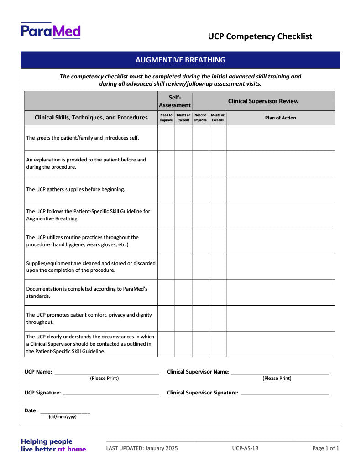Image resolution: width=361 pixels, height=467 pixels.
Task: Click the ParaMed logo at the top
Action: [51, 31]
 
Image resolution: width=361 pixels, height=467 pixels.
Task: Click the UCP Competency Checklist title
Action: [260, 36]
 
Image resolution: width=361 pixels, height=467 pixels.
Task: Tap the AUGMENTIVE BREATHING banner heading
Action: [180, 60]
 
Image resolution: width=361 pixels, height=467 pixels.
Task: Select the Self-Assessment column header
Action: [175, 101]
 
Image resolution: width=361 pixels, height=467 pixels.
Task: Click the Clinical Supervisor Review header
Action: [263, 101]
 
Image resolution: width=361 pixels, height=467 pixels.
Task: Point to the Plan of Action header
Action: [280, 118]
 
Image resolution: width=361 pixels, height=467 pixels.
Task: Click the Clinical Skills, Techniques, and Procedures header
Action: [91, 118]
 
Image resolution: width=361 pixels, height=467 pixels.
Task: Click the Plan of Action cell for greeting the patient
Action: [280, 138]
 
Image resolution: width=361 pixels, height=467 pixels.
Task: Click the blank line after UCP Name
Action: [107, 372]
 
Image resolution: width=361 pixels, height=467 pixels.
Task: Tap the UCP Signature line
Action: [111, 393]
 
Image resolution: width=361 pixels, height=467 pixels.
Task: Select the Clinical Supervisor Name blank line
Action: [280, 372]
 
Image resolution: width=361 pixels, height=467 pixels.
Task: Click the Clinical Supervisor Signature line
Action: [285, 393]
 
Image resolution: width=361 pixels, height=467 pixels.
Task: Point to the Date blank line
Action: [65, 411]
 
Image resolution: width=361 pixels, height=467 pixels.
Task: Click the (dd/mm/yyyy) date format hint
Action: [63, 417]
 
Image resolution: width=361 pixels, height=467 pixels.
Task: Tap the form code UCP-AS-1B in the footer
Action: [245, 448]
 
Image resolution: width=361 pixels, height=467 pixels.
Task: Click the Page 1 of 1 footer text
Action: [326, 448]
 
